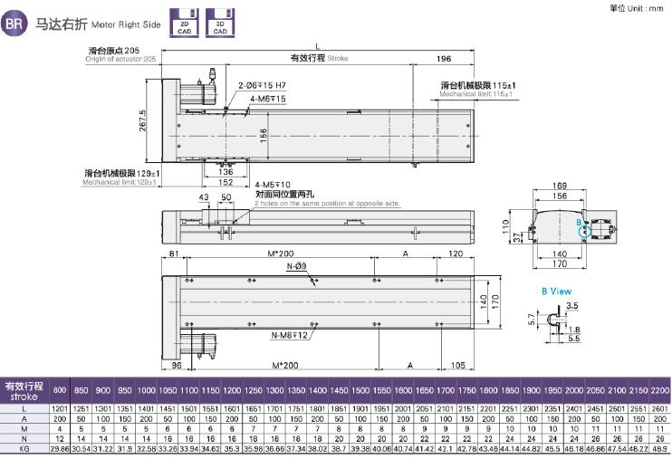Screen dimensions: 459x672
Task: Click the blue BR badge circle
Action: tap(14, 24)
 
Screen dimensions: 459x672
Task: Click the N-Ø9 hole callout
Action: tap(297, 267)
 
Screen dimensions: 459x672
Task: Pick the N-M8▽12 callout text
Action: tap(291, 336)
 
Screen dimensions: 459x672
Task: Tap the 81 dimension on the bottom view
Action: tap(173, 254)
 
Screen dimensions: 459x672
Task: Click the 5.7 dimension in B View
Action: tap(532, 319)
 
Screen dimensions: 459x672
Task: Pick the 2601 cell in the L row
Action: tap(659, 408)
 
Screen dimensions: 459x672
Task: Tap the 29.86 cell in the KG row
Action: tap(61, 447)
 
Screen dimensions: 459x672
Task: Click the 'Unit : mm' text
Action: tap(644, 7)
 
